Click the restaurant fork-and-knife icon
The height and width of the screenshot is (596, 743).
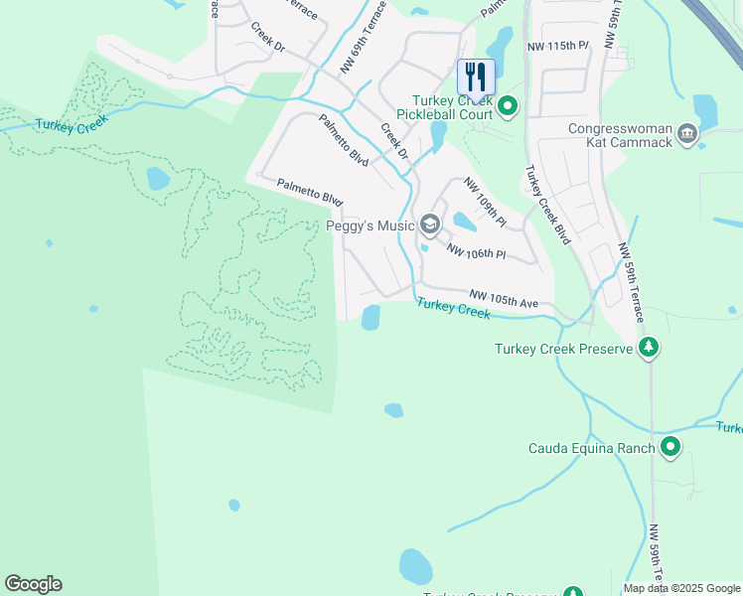pos(475,75)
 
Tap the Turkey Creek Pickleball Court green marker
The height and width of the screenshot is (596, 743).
pos(508,104)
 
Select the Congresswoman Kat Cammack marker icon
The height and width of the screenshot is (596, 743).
pos(686,133)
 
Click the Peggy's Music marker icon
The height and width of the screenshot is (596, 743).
pos(429,223)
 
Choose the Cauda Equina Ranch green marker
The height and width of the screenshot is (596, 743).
pos(670,448)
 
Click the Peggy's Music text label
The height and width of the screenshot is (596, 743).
pos(371,225)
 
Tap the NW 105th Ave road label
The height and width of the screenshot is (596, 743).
pos(504,297)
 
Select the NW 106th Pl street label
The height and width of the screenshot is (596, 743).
pos(477,252)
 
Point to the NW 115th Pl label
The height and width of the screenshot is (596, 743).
pos(557,47)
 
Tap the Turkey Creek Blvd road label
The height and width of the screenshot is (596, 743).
pos(547,205)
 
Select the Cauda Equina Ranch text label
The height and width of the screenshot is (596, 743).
pos(590,448)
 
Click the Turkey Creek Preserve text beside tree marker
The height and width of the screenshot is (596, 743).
pos(564,349)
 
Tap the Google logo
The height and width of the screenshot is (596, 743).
pos(33,584)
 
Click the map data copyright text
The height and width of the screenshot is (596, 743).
pos(681,588)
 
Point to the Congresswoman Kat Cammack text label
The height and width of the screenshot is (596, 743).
pos(621,135)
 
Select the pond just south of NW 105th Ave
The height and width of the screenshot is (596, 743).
pos(371,318)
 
